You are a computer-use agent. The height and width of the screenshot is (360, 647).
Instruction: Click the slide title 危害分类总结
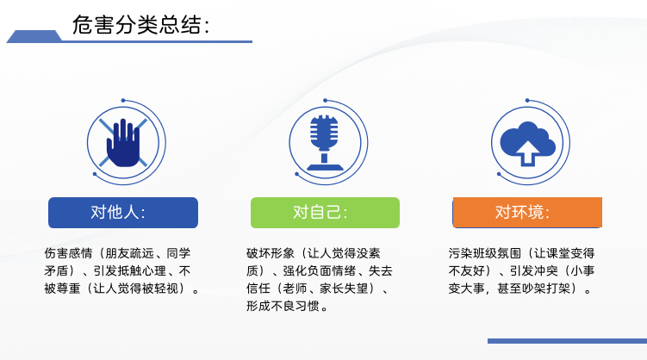pos(138,25)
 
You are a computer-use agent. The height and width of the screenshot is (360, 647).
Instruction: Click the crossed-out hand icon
pos(123,142)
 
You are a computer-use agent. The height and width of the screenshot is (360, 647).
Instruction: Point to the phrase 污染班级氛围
pos(482,254)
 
